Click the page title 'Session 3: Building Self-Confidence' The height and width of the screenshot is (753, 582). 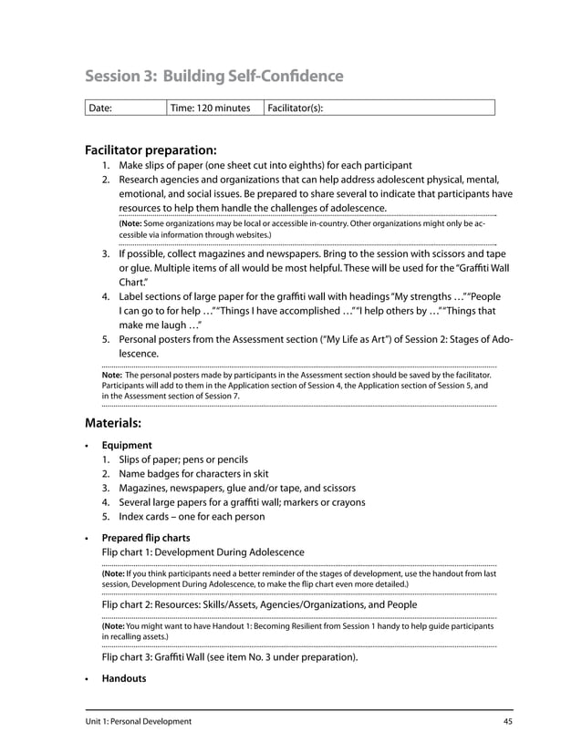click(213, 76)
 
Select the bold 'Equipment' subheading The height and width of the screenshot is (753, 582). click(127, 445)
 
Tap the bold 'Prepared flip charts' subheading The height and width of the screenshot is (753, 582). click(146, 538)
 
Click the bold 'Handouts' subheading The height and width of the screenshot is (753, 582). click(124, 678)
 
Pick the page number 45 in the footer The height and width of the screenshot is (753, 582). click(507, 721)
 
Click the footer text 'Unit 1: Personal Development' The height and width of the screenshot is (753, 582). click(139, 721)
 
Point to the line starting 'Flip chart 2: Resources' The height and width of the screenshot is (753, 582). click(259, 604)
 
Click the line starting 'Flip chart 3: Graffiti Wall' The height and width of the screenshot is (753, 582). click(229, 656)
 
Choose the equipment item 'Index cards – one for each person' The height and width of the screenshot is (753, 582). click(192, 516)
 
